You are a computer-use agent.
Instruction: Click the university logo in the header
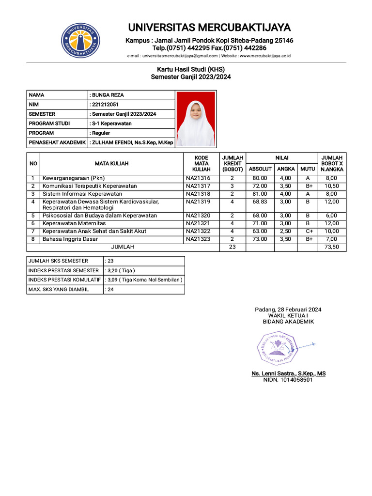coord(81,40)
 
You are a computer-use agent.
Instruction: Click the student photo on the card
coord(196,119)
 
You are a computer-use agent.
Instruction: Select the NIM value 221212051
coord(105,105)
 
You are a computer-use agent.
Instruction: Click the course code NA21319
coord(198,201)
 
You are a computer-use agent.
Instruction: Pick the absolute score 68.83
coord(260,201)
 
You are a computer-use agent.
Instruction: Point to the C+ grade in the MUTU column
coord(308,231)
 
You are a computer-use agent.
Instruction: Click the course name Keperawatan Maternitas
coord(74,223)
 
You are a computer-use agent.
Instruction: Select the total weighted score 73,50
coord(332,247)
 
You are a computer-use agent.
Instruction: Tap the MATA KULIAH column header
coord(111,164)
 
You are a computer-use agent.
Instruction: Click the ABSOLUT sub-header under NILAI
coord(260,169)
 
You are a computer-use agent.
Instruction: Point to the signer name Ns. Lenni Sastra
coord(288,373)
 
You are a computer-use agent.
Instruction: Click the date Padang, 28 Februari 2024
coord(288,310)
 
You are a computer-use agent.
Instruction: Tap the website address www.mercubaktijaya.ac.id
coord(265,56)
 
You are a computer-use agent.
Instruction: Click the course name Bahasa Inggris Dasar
coord(70,239)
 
